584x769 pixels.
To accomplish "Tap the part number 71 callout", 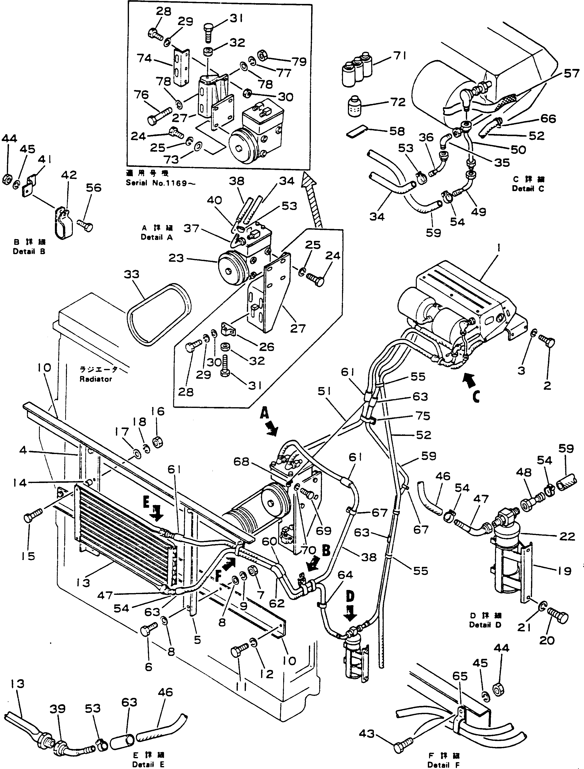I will click(x=400, y=56).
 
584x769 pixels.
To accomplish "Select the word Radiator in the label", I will click(x=96, y=379).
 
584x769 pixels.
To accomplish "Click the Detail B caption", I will click(x=29, y=251).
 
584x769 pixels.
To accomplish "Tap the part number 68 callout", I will click(x=241, y=462).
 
